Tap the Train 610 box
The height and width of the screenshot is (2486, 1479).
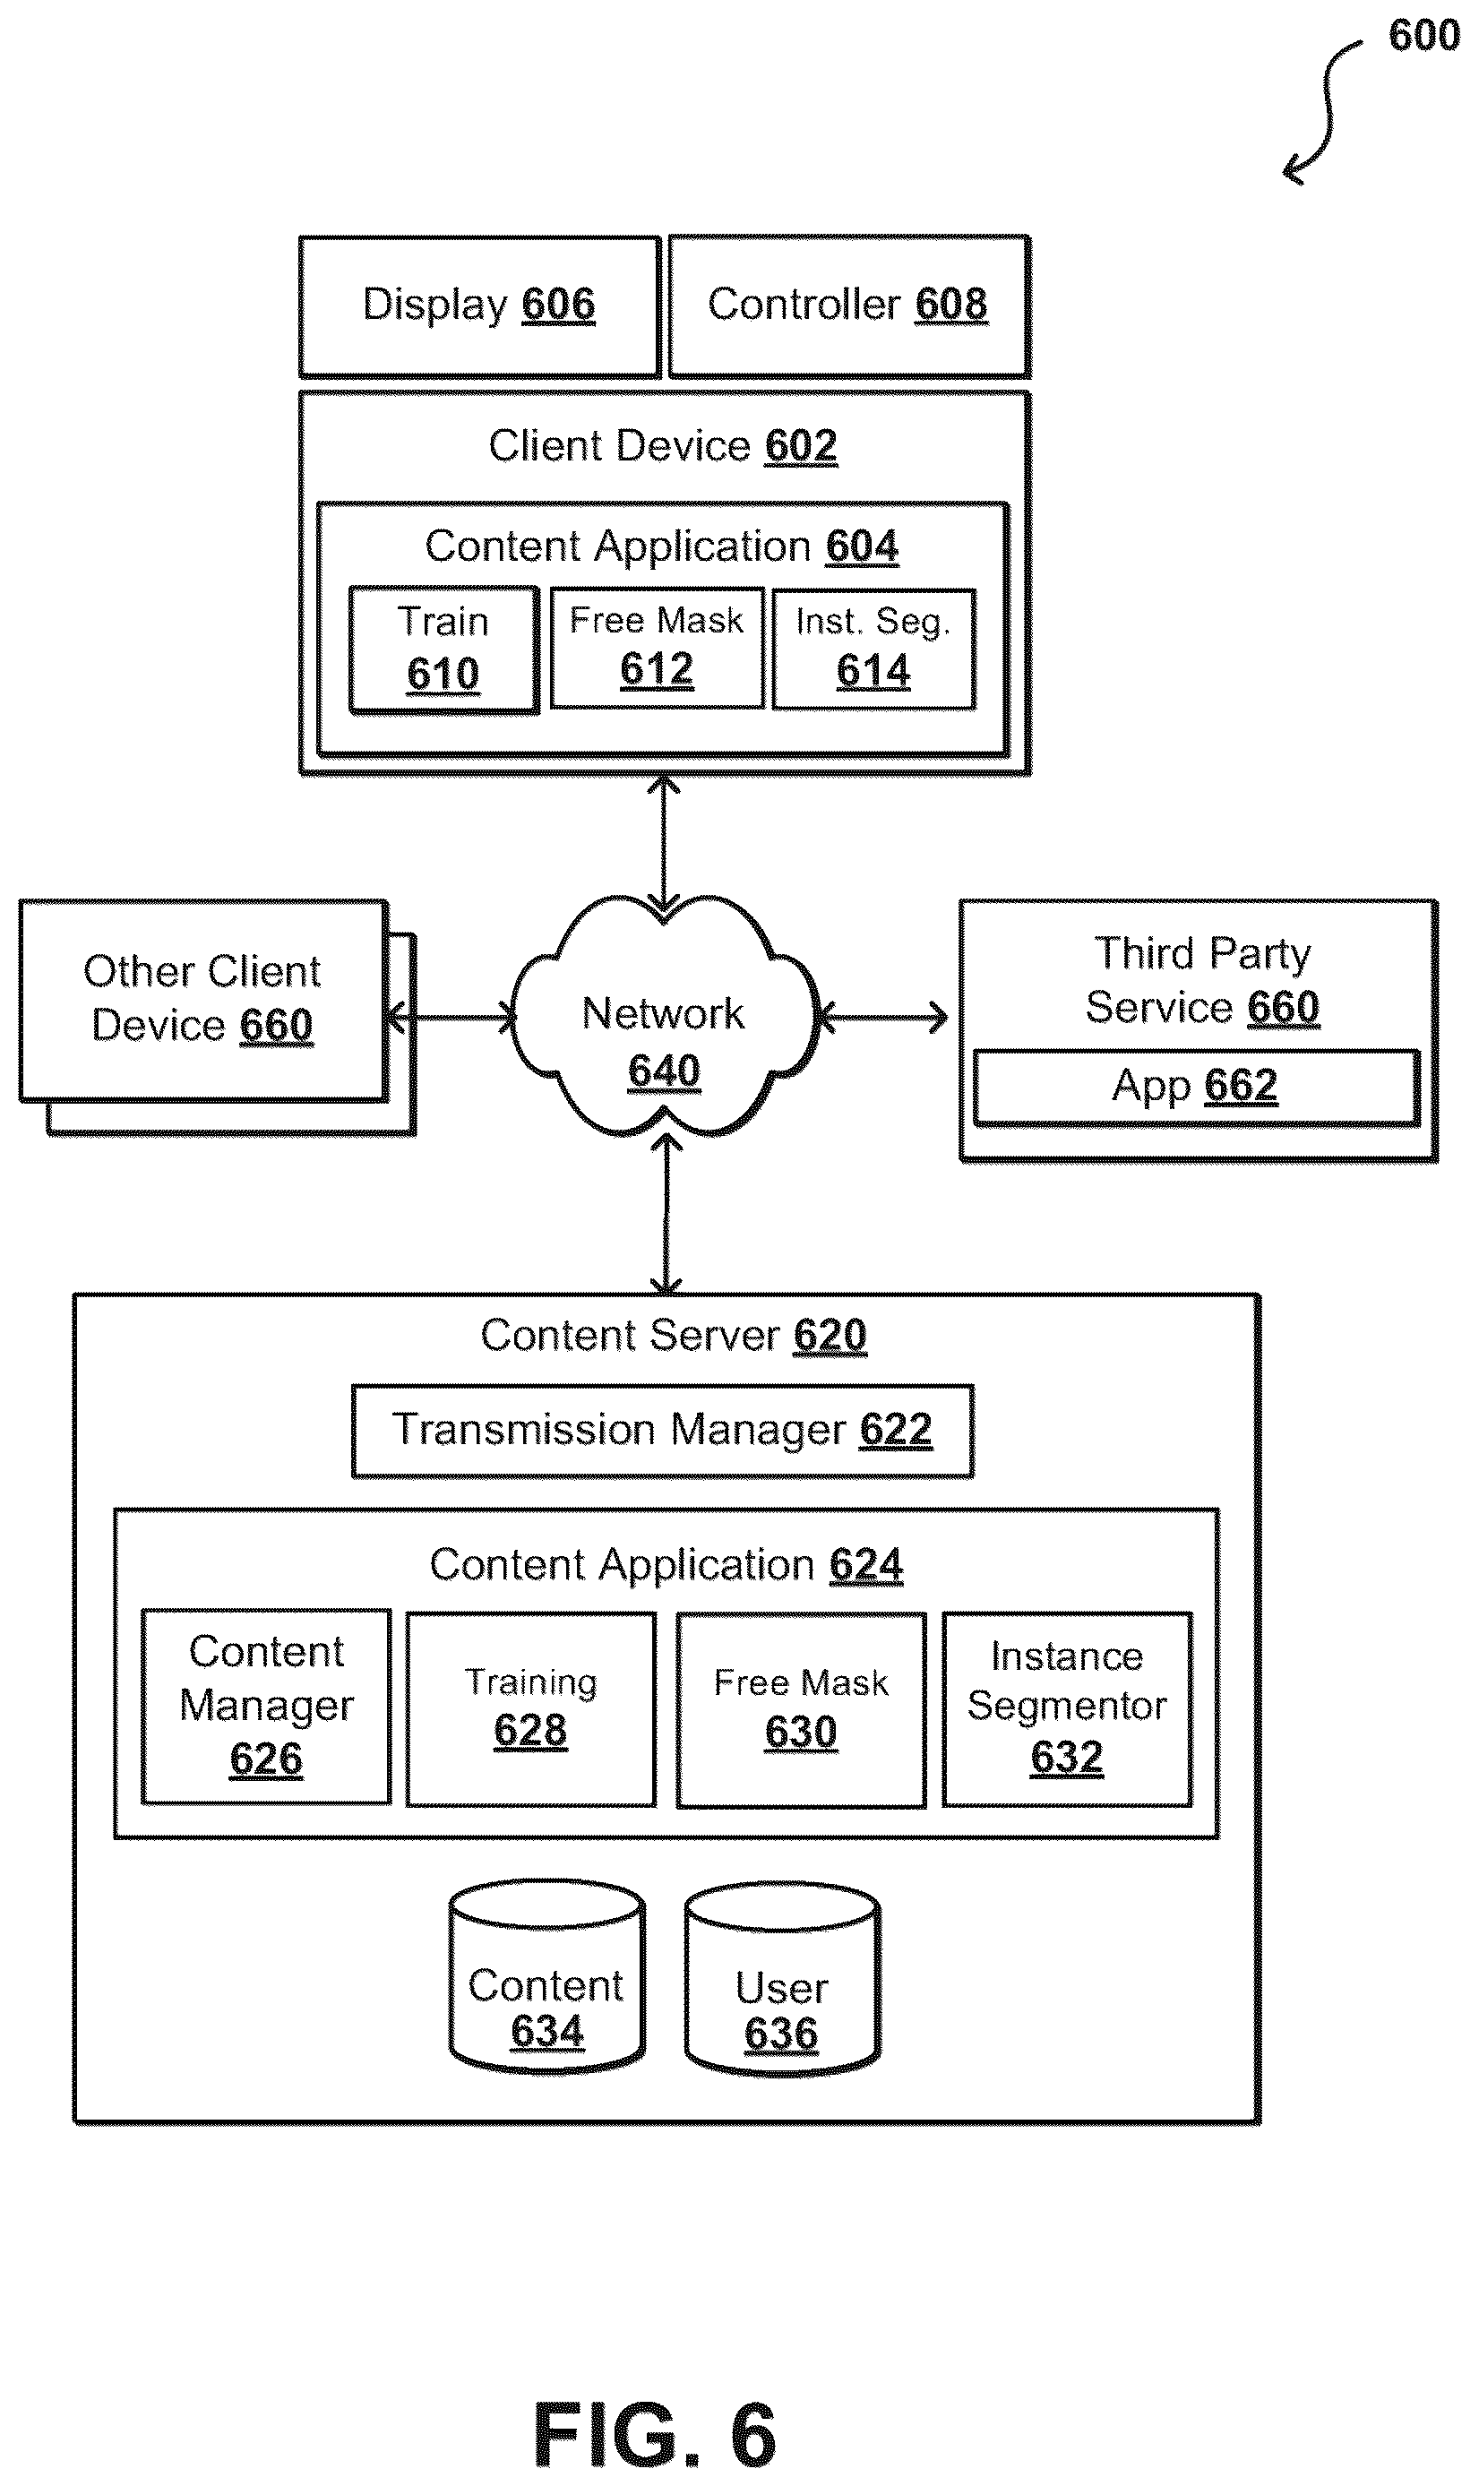(x=443, y=649)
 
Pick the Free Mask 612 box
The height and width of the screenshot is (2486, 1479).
(x=657, y=648)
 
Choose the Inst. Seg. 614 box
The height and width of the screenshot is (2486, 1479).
(x=874, y=649)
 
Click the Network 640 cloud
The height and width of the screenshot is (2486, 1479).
(x=664, y=1016)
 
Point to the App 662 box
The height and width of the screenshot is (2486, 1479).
(x=1196, y=1087)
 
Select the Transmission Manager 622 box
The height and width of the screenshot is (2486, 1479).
(x=663, y=1431)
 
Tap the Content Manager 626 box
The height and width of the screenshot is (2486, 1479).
(x=266, y=1706)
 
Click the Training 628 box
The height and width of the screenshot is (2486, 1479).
(x=530, y=1708)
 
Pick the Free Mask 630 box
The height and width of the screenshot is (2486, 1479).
(x=801, y=1710)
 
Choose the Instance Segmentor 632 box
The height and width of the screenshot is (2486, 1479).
(x=1068, y=1708)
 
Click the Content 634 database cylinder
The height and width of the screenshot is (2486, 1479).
(x=547, y=1978)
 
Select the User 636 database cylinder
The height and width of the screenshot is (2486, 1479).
(x=782, y=1980)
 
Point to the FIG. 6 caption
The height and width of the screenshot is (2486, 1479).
(x=655, y=2434)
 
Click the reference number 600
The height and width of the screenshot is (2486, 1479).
(x=1424, y=36)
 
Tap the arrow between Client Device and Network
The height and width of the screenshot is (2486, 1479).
(x=664, y=844)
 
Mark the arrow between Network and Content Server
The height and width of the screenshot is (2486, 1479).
(x=666, y=1215)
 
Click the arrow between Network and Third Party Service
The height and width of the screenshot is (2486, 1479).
(x=883, y=1018)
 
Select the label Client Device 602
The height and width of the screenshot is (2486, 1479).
(x=663, y=445)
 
